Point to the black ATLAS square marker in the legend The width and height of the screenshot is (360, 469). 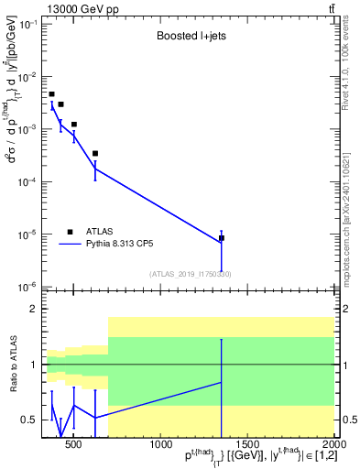(x=71, y=232)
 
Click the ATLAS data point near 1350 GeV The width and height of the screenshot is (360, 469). (x=222, y=238)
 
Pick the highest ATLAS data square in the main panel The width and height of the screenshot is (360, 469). (x=52, y=94)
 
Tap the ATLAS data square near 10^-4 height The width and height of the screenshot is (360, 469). (x=95, y=154)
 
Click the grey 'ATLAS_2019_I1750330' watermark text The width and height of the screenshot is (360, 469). (x=191, y=274)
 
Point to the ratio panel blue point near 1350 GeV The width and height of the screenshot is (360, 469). (x=222, y=382)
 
